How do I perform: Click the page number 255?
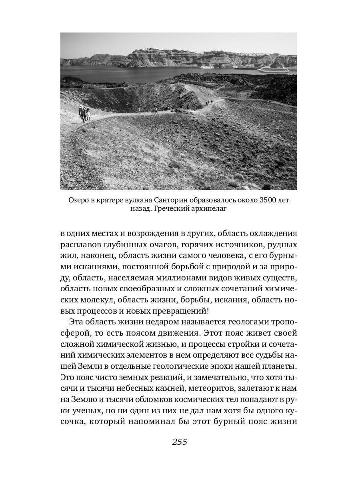pos(180,442)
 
